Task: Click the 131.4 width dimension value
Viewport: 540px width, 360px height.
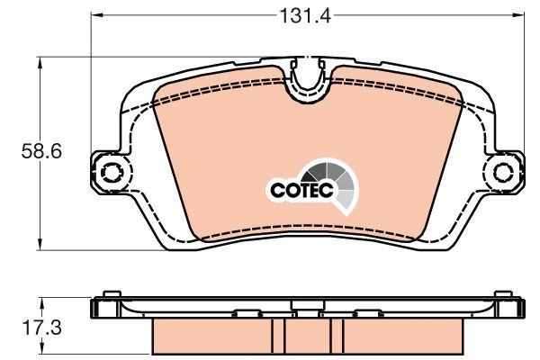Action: (x=305, y=15)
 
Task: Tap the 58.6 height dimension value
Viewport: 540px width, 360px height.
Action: (x=41, y=151)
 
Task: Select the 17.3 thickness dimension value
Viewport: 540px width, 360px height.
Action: (x=41, y=328)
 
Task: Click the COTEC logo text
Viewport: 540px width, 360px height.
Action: (x=302, y=190)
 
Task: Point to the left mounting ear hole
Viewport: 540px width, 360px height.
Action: (x=111, y=172)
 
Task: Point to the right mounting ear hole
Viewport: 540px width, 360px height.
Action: (x=503, y=172)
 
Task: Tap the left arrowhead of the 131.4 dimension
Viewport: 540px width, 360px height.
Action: (x=97, y=14)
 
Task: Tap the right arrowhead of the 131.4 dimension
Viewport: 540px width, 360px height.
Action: (x=517, y=14)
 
